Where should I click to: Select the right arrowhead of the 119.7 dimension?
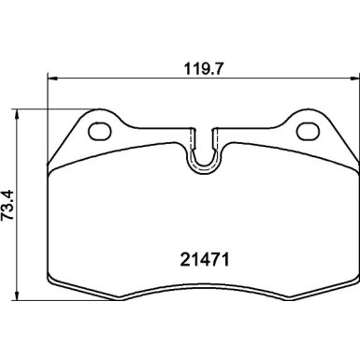pos(354,79)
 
